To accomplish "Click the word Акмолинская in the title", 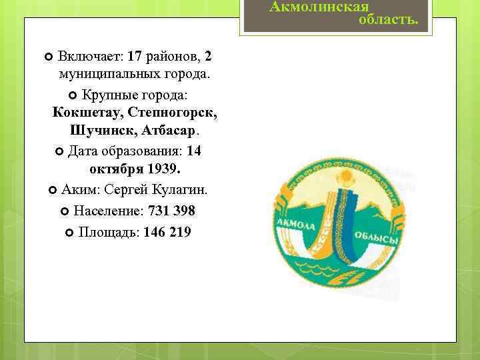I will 319,7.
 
